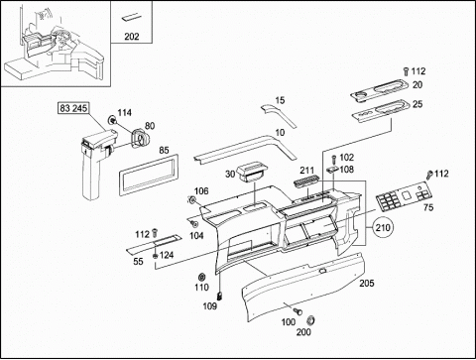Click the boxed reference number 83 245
point(73,108)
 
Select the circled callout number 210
point(383,227)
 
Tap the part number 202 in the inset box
point(132,37)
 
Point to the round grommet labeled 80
point(141,139)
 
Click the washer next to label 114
point(112,120)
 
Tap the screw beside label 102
point(333,160)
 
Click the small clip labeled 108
point(332,171)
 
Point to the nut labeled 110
point(201,277)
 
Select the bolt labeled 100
point(297,311)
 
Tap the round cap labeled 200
point(310,320)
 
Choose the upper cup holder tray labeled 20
point(380,90)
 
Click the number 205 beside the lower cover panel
point(367,283)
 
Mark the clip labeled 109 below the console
point(220,296)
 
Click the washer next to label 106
point(191,200)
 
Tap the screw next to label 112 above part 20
point(407,70)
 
